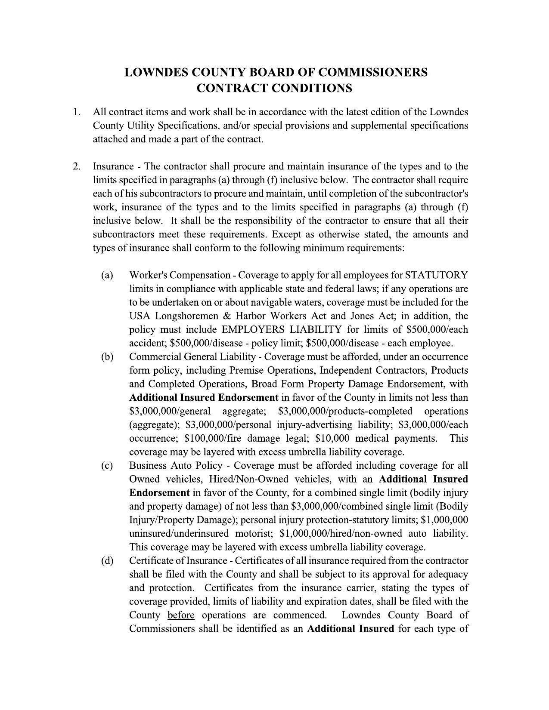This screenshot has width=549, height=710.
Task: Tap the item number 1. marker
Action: click(76, 112)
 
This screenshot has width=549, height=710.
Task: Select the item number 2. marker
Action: click(76, 166)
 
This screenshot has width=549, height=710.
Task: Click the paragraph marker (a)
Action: click(107, 275)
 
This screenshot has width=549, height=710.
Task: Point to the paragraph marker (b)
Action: click(107, 357)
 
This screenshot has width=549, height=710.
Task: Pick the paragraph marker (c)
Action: click(107, 466)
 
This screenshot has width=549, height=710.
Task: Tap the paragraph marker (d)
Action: click(107, 561)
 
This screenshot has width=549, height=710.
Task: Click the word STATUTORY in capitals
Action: click(437, 275)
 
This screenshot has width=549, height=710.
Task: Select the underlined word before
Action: click(181, 615)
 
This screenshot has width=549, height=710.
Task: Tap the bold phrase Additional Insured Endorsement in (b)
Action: click(204, 397)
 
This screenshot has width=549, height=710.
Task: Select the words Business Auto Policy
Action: click(176, 466)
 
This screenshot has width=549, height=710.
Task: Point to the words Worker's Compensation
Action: click(180, 275)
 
